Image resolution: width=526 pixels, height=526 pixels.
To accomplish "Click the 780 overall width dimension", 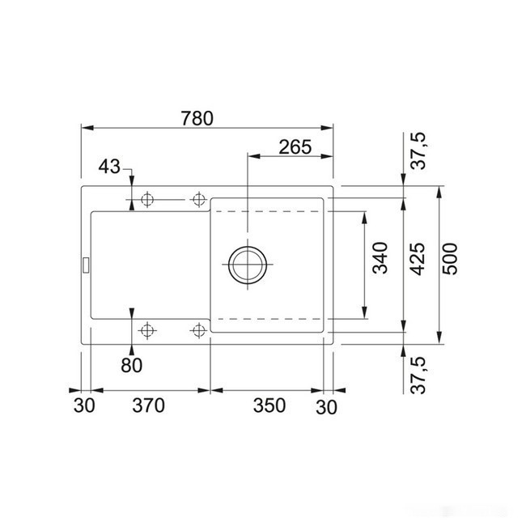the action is [197, 118].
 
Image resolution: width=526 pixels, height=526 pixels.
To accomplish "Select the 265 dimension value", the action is [295, 147].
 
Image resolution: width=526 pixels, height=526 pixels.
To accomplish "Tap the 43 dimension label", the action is [109, 167].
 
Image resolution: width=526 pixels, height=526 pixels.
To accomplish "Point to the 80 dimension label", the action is [131, 365].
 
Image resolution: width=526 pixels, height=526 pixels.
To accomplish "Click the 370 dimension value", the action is [148, 405].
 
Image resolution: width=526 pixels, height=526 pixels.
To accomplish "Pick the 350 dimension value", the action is [269, 405].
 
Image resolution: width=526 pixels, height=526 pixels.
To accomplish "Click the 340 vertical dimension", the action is [380, 258].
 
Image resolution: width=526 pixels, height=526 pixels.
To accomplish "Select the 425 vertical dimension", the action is [418, 259].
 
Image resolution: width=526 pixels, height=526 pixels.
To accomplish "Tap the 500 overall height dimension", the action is [450, 259].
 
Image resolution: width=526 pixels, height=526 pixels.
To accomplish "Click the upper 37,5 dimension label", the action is [418, 151].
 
